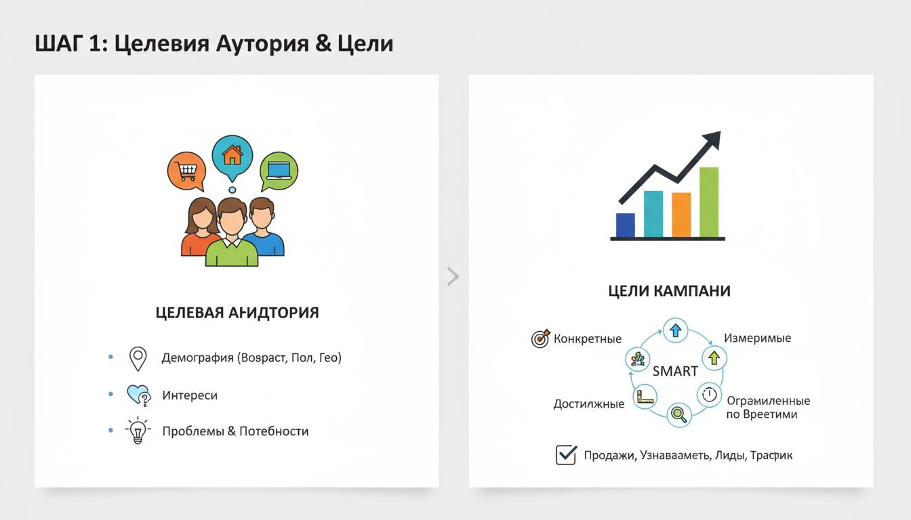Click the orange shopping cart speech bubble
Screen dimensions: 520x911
(186, 169)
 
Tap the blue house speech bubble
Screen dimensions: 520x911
(232, 156)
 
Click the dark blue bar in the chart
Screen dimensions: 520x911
(625, 225)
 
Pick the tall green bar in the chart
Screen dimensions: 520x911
(708, 202)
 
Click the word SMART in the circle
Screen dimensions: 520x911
(674, 371)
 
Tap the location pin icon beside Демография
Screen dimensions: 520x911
(138, 359)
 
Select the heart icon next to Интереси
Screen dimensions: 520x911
(138, 395)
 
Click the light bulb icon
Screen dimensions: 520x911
(138, 431)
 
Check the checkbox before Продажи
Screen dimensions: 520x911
(565, 455)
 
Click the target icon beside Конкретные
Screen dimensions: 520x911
(540, 339)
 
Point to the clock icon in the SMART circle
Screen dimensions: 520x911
(709, 394)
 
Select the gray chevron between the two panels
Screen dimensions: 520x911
(453, 276)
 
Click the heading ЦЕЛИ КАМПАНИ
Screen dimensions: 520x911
(669, 291)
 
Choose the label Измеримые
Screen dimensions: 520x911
(757, 338)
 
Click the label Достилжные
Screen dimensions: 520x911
(588, 404)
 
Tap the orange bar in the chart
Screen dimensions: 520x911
(681, 215)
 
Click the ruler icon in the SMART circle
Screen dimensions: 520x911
(644, 397)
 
